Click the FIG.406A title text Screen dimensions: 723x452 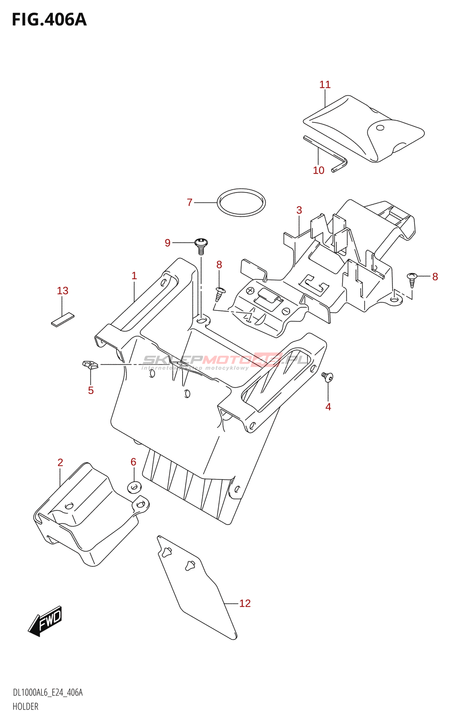click(x=49, y=20)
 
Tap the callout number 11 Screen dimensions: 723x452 click(x=325, y=85)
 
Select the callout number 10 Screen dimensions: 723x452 click(x=319, y=170)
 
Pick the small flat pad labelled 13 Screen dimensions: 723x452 click(x=62, y=319)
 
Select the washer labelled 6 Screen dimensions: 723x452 click(x=134, y=487)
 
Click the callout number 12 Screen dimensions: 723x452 click(x=245, y=603)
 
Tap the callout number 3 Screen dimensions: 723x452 click(x=299, y=210)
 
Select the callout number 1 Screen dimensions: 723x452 click(x=134, y=276)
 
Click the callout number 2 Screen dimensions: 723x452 click(x=60, y=462)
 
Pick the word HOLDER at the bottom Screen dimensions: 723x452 click(x=26, y=706)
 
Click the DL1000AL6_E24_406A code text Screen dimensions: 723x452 click(x=48, y=693)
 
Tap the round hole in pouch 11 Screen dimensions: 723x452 click(x=380, y=128)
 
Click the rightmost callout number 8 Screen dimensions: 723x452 click(x=435, y=277)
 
